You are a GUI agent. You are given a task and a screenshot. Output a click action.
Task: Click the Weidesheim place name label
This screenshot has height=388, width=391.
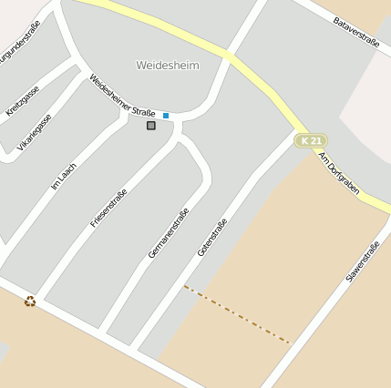coord(167,66)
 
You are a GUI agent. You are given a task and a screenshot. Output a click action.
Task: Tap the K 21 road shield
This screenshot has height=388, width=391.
coord(311,140)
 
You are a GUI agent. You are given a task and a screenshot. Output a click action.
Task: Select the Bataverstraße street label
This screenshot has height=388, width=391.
coord(355,31)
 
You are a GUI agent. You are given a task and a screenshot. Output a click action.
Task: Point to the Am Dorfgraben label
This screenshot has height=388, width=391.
coord(338,172)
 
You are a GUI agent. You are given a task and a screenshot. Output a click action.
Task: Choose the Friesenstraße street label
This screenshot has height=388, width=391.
coord(108,208)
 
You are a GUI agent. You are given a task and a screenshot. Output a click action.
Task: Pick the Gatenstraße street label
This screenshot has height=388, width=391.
coord(211,237)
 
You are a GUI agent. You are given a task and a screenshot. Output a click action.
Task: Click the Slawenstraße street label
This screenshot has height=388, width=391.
coord(362,262)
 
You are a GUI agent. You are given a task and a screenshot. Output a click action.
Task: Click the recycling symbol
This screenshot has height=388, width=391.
coord(30,301)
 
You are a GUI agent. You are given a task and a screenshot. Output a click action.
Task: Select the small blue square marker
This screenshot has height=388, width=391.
coord(166,116)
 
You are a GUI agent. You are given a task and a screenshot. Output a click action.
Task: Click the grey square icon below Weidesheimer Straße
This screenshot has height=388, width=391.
coord(151,126)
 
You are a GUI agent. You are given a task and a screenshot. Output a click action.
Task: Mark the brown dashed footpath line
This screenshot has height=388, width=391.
coord(237,314)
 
